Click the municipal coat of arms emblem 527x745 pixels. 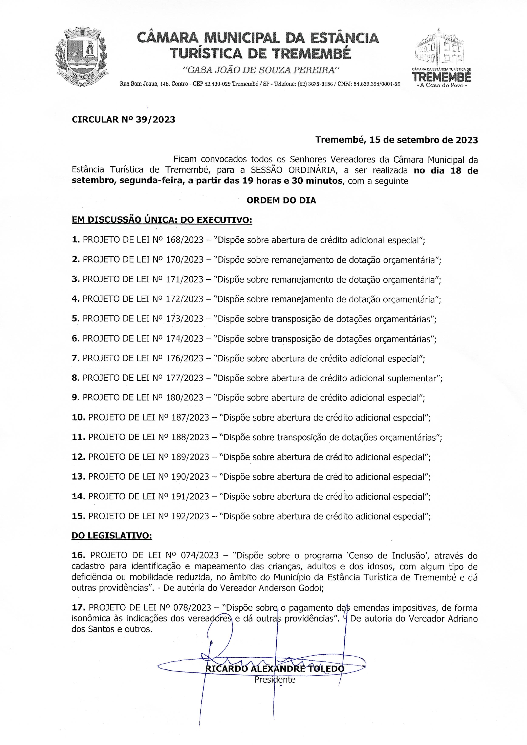click(x=82, y=58)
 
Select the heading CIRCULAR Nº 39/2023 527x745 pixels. click(x=123, y=120)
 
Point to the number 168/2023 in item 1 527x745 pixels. click(x=184, y=240)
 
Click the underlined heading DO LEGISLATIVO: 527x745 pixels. click(x=112, y=536)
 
